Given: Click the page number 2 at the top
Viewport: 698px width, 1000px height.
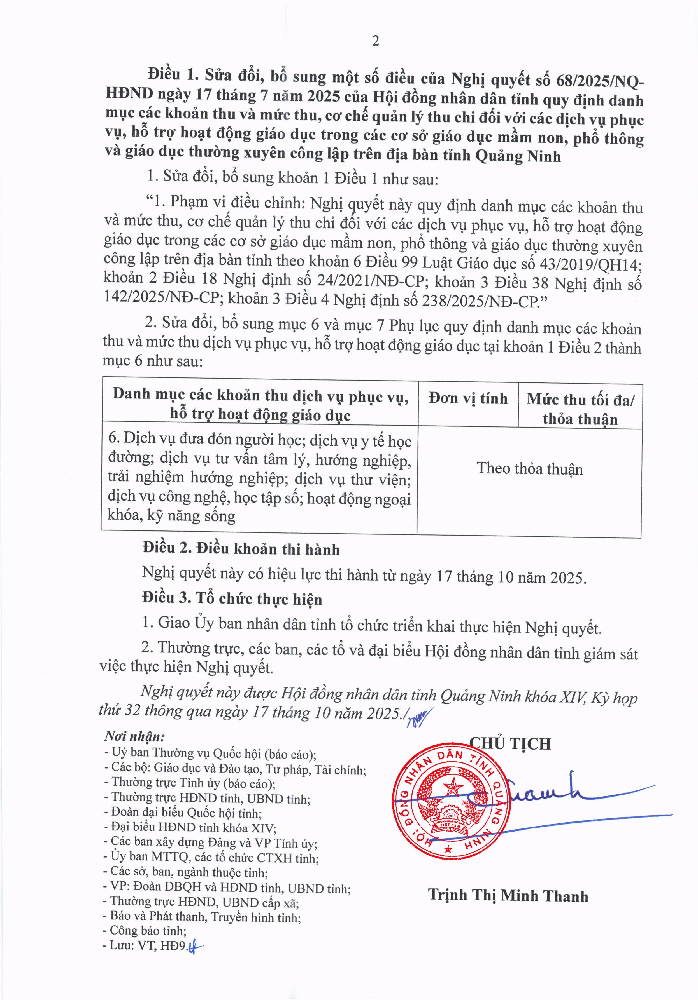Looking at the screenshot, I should pyautogui.click(x=375, y=41).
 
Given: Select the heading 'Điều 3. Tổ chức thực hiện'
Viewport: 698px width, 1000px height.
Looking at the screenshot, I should pyautogui.click(x=232, y=598).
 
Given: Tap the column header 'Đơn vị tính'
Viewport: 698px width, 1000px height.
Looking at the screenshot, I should pyautogui.click(x=468, y=398).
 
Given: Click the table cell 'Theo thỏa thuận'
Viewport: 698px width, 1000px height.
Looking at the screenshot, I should pyautogui.click(x=529, y=469).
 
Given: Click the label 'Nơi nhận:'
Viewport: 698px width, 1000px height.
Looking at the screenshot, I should pyautogui.click(x=134, y=736).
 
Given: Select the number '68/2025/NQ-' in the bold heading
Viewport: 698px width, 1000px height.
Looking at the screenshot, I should pyautogui.click(x=600, y=81).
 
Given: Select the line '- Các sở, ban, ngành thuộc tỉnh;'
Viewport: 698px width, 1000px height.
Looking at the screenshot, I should pyautogui.click(x=186, y=872).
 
